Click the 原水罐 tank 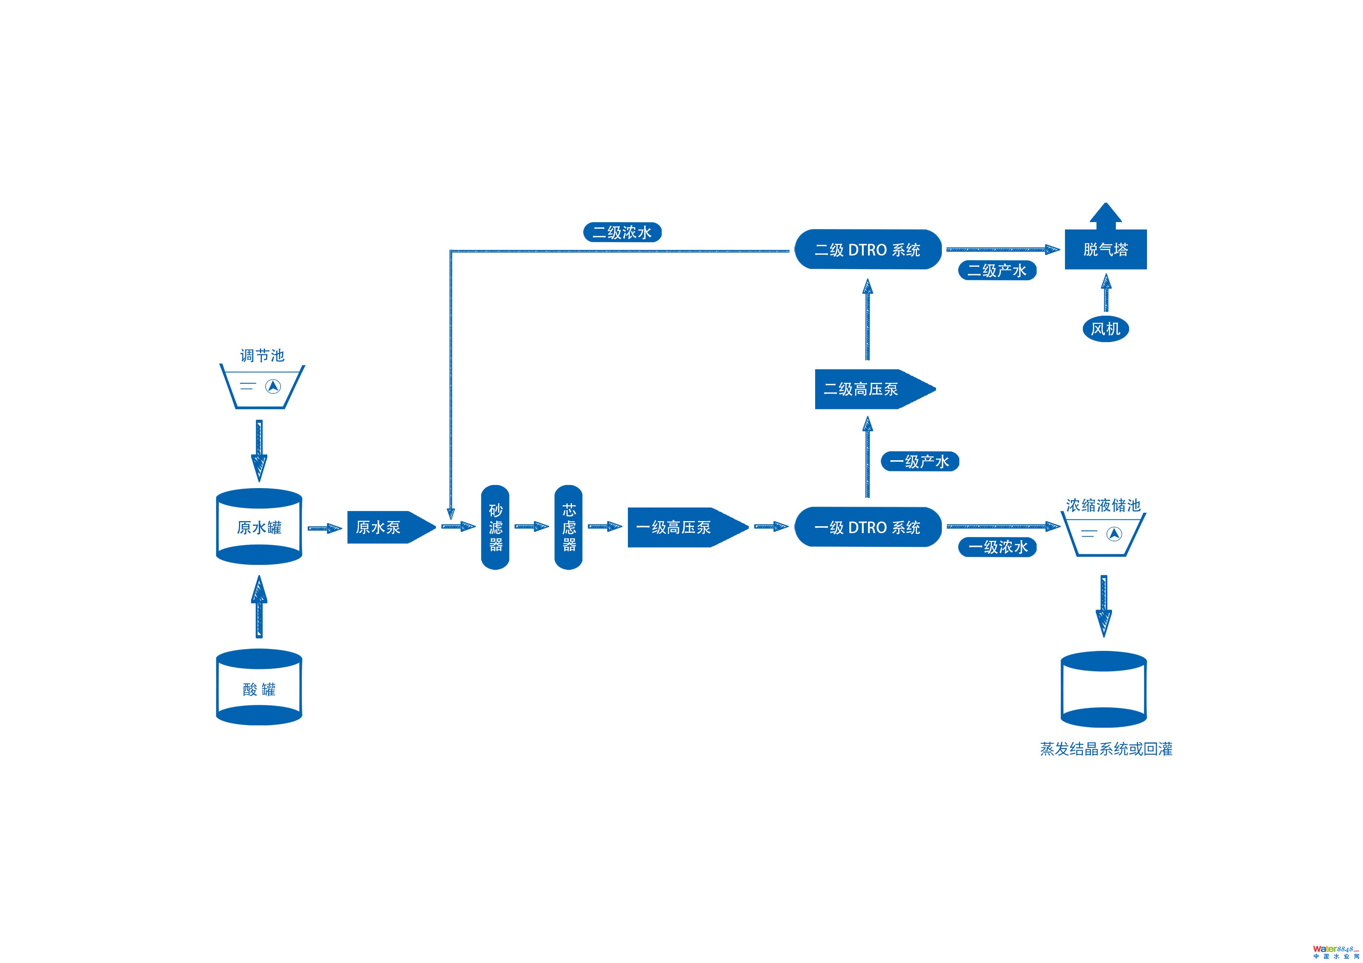click(x=259, y=527)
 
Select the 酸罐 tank click(x=259, y=688)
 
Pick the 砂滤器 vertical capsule click(x=495, y=527)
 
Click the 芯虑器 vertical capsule click(x=568, y=527)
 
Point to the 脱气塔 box click(x=1105, y=249)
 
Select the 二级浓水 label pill click(x=622, y=232)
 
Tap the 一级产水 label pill click(x=920, y=461)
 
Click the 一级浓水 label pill click(x=997, y=547)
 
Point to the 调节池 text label click(x=262, y=355)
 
